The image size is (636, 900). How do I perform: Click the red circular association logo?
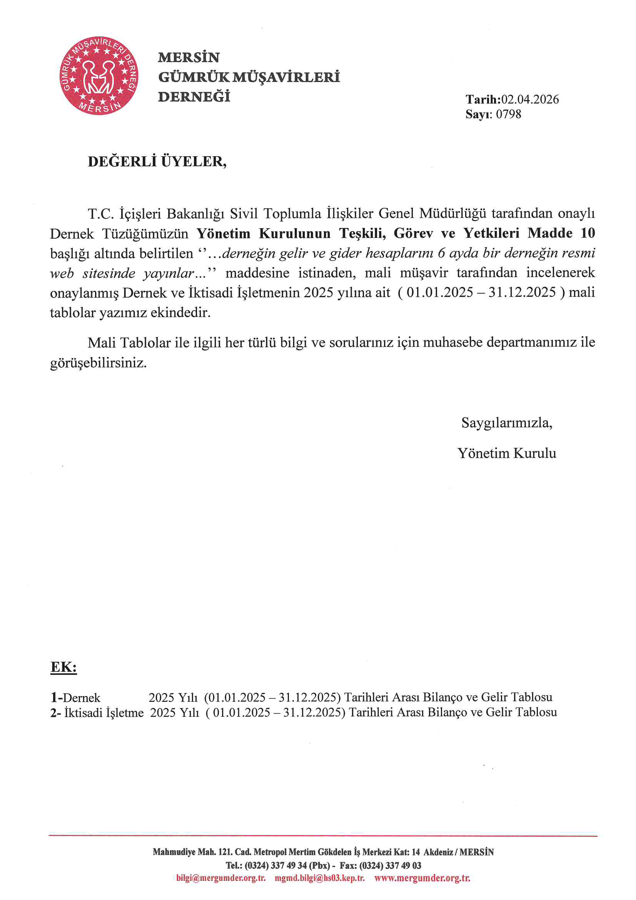pyautogui.click(x=99, y=76)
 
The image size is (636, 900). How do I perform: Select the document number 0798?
pyautogui.click(x=508, y=114)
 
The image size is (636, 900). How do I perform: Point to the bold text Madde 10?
pyautogui.click(x=561, y=233)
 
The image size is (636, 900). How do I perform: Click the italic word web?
pyautogui.click(x=62, y=273)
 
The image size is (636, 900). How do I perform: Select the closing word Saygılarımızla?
pyautogui.click(x=506, y=423)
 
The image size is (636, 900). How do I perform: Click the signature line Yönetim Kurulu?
pyautogui.click(x=506, y=453)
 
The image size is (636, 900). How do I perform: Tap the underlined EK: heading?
pyautogui.click(x=63, y=667)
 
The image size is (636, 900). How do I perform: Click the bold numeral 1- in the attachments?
pyautogui.click(x=57, y=698)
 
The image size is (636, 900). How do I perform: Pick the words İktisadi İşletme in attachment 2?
pyautogui.click(x=104, y=712)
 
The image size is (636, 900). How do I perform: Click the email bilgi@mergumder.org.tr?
pyautogui.click(x=220, y=878)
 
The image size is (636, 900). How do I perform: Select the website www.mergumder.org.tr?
pyautogui.click(x=422, y=878)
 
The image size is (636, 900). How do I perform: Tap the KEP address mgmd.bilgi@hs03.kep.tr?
pyautogui.click(x=319, y=878)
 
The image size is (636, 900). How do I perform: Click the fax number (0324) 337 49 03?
pyautogui.click(x=390, y=865)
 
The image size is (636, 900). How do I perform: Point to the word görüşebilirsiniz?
pyautogui.click(x=98, y=363)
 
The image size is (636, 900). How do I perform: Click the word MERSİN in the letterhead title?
pyautogui.click(x=189, y=58)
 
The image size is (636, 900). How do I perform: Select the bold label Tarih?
pyautogui.click(x=483, y=100)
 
